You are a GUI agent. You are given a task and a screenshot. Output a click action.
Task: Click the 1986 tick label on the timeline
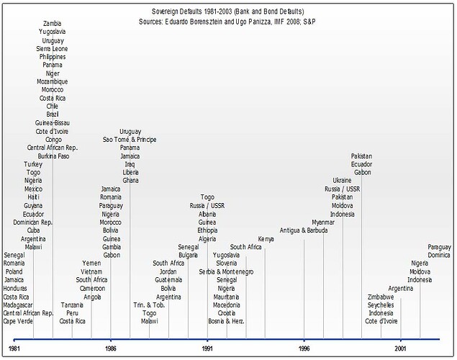(x=110, y=348)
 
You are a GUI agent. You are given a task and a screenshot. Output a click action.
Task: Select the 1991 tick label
(x=207, y=348)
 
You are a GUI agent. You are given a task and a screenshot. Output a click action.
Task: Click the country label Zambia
(x=52, y=24)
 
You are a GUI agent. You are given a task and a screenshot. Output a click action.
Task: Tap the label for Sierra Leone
(x=52, y=49)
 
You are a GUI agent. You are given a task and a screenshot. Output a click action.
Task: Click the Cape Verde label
(x=19, y=322)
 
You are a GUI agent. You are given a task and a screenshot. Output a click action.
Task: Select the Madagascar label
(x=20, y=305)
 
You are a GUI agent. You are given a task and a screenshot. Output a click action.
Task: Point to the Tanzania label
(x=73, y=305)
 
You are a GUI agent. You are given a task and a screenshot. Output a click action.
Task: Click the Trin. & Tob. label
(x=148, y=305)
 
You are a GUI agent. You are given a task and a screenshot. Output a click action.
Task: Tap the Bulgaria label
(x=188, y=256)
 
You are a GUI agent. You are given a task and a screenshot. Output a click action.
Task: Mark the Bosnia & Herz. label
(x=227, y=322)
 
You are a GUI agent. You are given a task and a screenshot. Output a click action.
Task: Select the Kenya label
(x=266, y=239)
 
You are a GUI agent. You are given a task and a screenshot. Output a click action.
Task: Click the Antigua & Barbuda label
(x=304, y=230)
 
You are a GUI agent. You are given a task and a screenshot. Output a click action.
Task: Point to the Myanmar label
(x=323, y=222)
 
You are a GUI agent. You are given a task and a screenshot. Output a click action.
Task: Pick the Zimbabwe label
(x=381, y=297)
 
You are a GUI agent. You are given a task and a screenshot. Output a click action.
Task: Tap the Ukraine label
(x=342, y=180)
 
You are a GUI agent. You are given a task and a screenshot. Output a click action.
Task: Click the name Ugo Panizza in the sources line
(x=257, y=22)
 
